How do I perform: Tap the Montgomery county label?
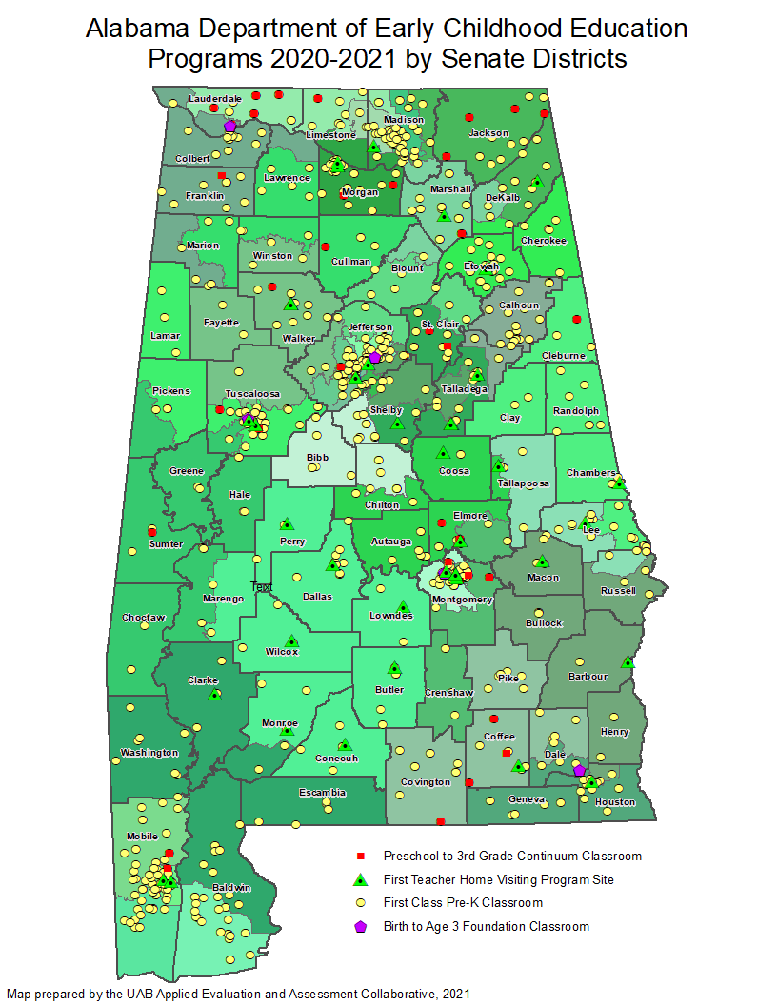point(462,601)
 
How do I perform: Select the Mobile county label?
point(142,837)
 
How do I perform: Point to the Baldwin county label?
point(231,888)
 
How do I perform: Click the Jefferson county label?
point(370,327)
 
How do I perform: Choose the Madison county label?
point(403,120)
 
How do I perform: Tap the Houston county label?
point(614,802)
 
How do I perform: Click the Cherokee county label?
point(544,241)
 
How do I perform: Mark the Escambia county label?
point(322,793)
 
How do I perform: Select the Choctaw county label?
point(143,618)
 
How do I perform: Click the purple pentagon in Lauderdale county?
point(229,126)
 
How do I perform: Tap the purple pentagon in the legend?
point(361,927)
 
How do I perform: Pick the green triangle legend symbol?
point(361,879)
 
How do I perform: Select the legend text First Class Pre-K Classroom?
point(463,903)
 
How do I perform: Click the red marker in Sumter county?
point(151,531)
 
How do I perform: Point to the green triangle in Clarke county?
point(215,695)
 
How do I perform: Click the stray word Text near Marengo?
point(261,586)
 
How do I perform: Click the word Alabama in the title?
point(130,29)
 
